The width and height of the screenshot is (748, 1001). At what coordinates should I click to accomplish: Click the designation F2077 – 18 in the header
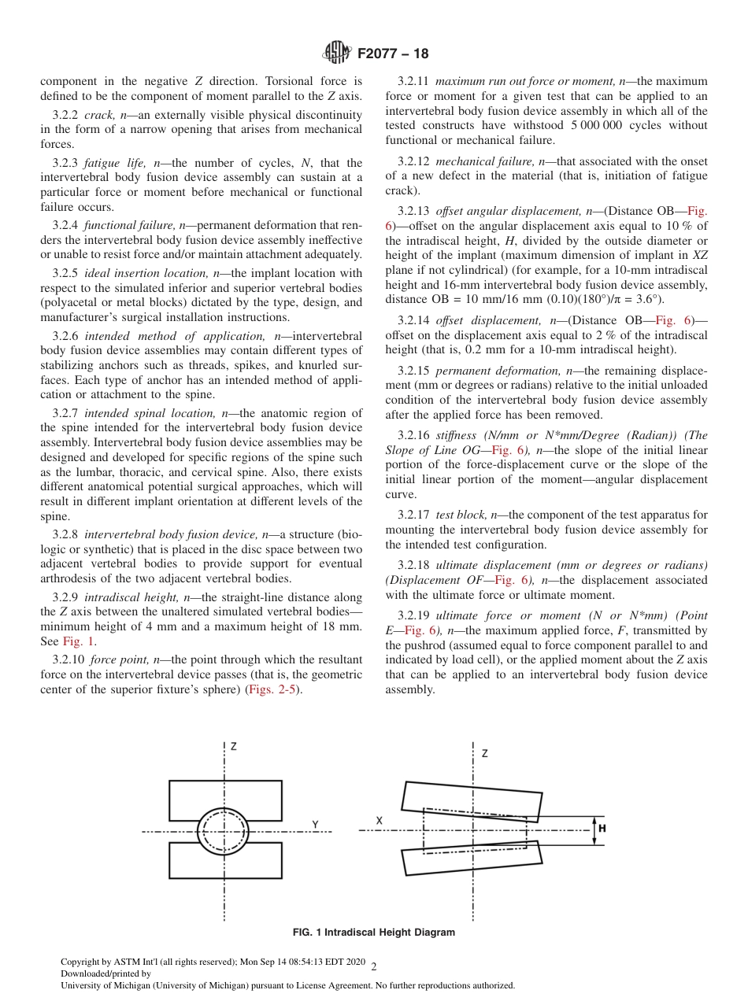[393, 54]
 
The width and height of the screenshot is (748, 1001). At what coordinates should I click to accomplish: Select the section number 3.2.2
[67, 115]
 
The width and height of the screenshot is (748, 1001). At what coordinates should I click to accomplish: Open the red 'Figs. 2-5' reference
[273, 689]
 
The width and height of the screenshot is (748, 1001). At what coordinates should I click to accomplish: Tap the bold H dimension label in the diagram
[602, 829]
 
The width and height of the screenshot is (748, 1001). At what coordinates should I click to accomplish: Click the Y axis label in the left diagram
[314, 824]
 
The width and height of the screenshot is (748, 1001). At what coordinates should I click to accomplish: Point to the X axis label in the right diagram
[379, 820]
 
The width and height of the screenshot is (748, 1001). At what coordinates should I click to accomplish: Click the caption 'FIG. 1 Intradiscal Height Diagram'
[373, 933]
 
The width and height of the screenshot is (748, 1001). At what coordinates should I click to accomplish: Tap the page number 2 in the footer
[374, 966]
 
